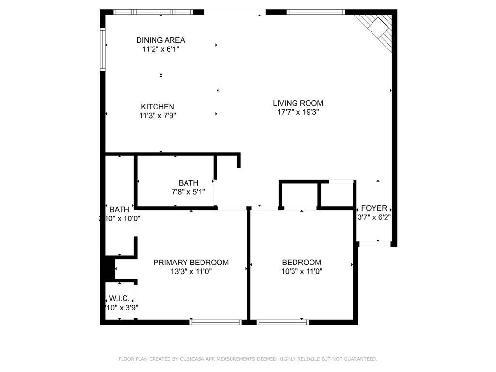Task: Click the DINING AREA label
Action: point(160,40)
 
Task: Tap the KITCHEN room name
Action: point(157,107)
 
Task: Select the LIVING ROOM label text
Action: point(297,103)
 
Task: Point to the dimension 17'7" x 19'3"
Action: point(297,112)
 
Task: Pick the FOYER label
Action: point(374,209)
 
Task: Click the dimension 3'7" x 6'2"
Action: point(374,217)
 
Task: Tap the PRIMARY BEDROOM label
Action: point(191,263)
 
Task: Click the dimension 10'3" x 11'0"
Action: point(302,271)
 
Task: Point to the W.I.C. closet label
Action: point(119,298)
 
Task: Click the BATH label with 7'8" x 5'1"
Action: point(188,183)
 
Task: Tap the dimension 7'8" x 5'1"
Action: point(188,192)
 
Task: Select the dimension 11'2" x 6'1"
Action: point(160,49)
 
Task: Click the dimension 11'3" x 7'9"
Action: point(157,115)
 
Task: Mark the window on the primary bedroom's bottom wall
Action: point(216,322)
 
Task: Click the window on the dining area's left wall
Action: point(103,49)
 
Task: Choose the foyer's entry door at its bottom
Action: point(374,244)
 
